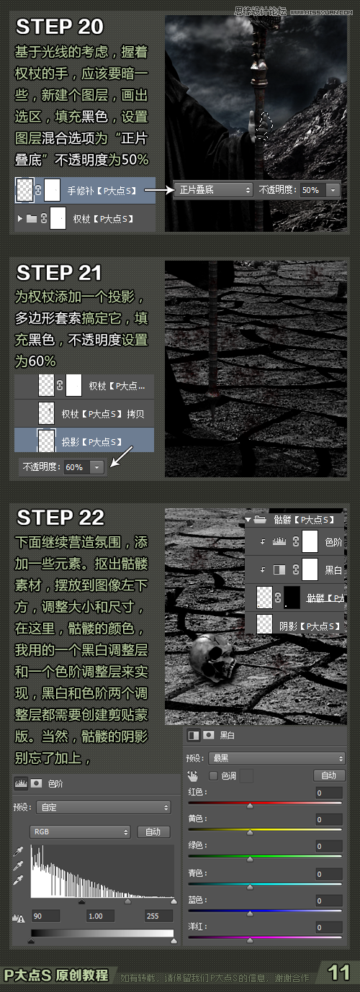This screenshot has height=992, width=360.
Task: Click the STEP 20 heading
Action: tap(60, 27)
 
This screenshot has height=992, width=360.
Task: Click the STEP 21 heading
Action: tap(59, 273)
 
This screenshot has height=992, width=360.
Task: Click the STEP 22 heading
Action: tap(60, 517)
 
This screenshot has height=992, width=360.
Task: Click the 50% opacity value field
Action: tap(311, 190)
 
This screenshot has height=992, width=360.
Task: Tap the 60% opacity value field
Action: tap(75, 466)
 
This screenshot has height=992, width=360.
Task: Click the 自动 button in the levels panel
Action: tap(153, 831)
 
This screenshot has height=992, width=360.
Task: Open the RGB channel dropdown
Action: tap(79, 831)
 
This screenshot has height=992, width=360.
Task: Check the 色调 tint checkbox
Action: tap(213, 775)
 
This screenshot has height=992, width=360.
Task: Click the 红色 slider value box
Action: tap(329, 793)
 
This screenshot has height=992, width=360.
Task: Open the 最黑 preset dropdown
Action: tap(275, 758)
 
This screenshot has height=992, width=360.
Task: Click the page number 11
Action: tap(338, 973)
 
